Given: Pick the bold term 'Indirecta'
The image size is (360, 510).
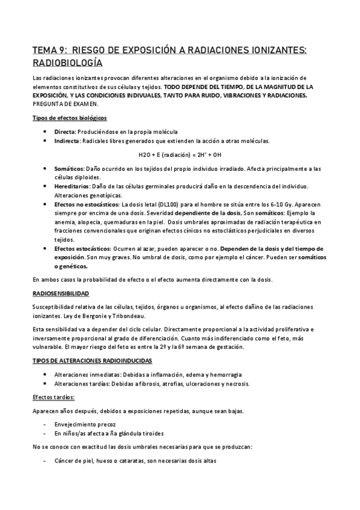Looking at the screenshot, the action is pos(66,141).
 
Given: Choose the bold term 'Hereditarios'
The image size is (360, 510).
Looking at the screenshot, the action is pos(71,186).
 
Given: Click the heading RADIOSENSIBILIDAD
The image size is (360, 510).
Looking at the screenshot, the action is pos(60,293).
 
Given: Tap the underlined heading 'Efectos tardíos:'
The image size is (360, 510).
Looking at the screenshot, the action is pos(53,397).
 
